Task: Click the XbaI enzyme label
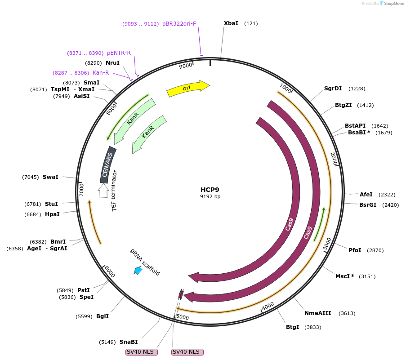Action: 231,23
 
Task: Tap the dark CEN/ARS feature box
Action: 107,164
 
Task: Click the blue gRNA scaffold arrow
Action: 138,270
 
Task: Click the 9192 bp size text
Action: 210,196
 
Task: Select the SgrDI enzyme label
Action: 333,89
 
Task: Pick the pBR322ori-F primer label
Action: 179,24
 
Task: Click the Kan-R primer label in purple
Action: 101,72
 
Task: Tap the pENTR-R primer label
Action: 119,53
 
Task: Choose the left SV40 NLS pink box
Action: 142,352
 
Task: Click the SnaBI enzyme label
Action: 129,342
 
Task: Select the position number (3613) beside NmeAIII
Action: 347,313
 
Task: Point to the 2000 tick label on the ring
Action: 334,158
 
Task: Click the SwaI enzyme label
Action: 50,177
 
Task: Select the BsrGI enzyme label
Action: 368,205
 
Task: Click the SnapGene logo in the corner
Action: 390,4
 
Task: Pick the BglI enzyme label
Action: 103,316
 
